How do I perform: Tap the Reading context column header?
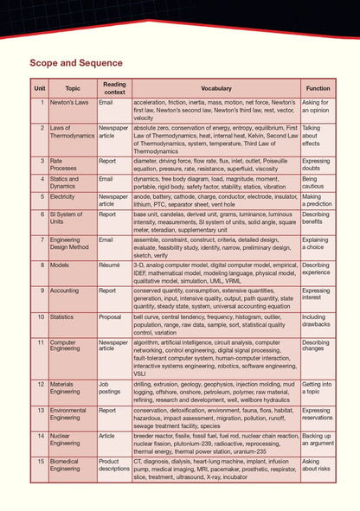click(x=114, y=88)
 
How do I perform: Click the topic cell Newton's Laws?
click(x=68, y=102)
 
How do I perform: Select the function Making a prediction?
click(x=317, y=201)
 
